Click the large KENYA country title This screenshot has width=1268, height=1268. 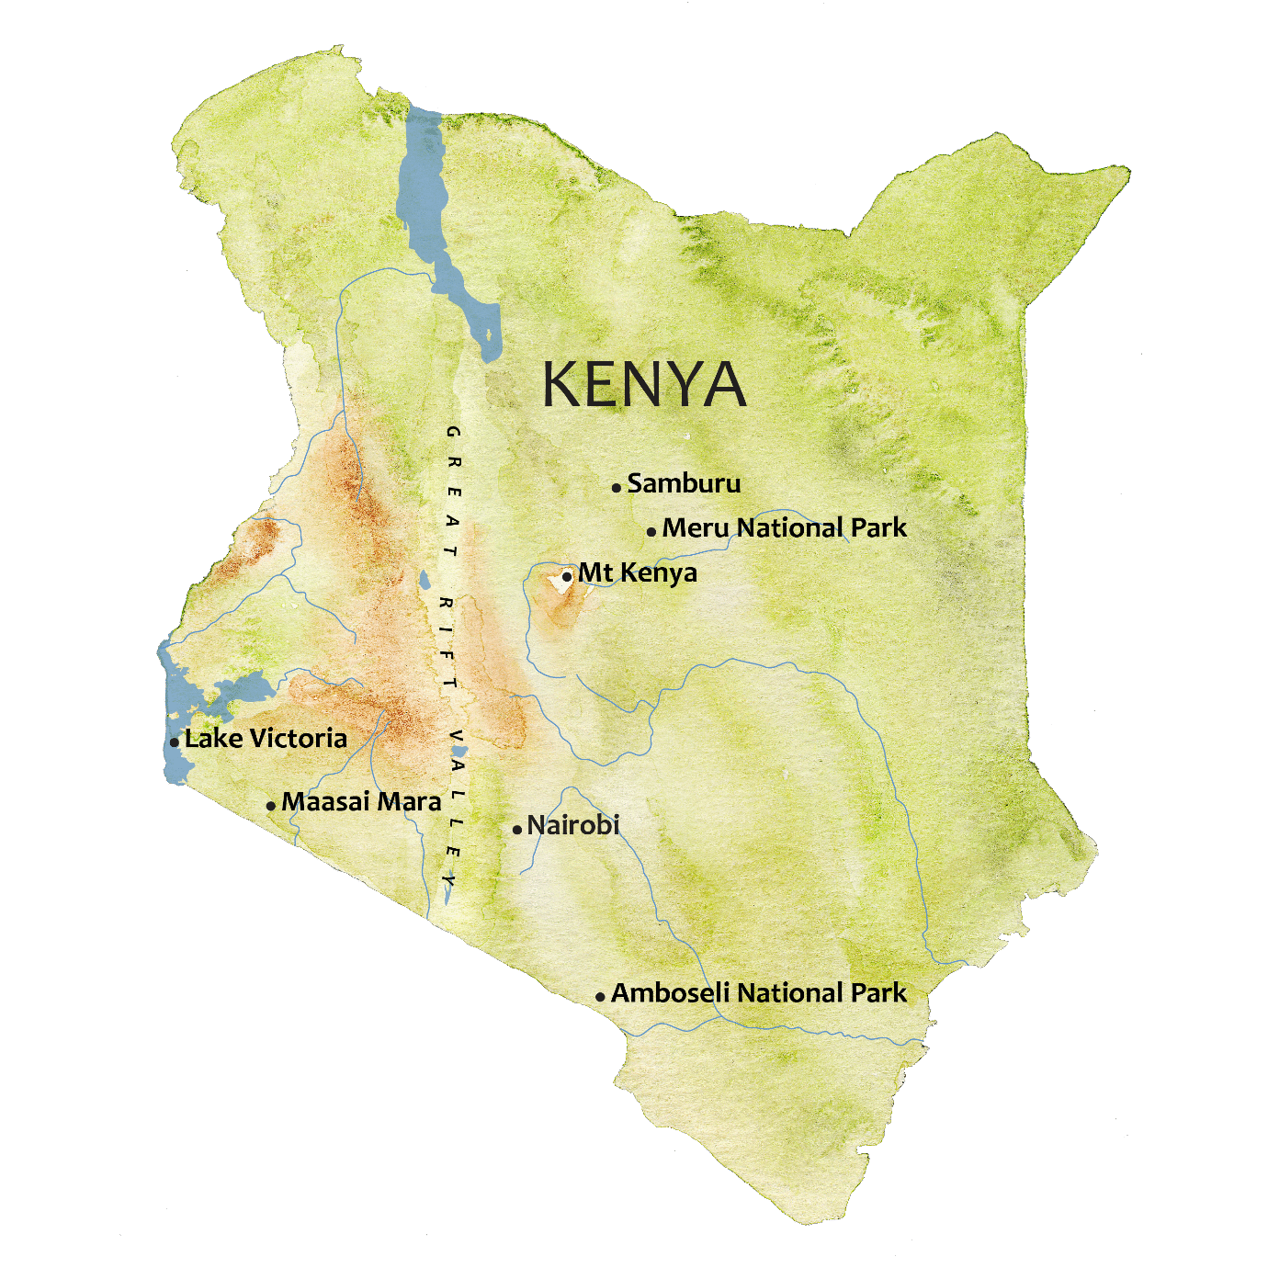643,384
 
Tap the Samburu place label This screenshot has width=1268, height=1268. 684,483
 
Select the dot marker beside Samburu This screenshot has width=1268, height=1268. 617,488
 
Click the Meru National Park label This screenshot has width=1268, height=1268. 784,528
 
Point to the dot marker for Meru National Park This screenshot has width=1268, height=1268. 651,532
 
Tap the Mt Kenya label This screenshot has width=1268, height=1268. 637,573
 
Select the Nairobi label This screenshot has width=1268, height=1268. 573,825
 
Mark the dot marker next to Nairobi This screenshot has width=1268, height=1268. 517,830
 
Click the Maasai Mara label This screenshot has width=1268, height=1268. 361,802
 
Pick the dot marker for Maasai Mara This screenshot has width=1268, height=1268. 271,806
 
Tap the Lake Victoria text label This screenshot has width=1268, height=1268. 266,739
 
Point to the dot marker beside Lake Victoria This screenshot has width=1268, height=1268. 175,742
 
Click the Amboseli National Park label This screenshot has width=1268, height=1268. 758,993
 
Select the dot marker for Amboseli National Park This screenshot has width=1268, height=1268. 600,997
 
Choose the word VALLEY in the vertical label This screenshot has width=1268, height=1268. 454,809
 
